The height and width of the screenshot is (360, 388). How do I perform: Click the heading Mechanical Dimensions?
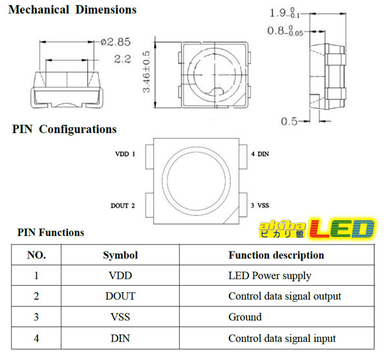coord(72,10)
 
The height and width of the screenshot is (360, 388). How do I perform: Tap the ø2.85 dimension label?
coord(116,42)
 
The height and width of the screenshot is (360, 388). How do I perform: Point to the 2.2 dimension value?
coord(122,59)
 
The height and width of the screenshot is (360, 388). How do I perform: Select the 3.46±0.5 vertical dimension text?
coord(147,72)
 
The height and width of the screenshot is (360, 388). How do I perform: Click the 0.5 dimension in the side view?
coord(289,122)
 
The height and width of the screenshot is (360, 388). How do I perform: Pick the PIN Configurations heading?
coord(64,129)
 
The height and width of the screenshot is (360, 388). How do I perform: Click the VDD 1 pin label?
coord(125,154)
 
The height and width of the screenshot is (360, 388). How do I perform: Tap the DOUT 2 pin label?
coord(123,206)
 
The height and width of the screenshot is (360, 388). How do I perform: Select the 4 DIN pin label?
coord(260,154)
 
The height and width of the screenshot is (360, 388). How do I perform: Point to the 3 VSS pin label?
coord(260,206)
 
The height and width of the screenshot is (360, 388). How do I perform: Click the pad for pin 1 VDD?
coord(149,157)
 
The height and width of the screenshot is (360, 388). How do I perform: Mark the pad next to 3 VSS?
coord(243,205)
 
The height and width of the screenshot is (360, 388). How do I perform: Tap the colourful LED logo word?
coord(342,228)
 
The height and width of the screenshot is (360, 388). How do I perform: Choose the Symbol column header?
coord(120,255)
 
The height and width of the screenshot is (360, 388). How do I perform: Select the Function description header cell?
coord(276,255)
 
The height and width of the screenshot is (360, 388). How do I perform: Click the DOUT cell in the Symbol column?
coord(120,296)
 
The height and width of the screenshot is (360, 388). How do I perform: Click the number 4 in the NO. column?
coord(36,338)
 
